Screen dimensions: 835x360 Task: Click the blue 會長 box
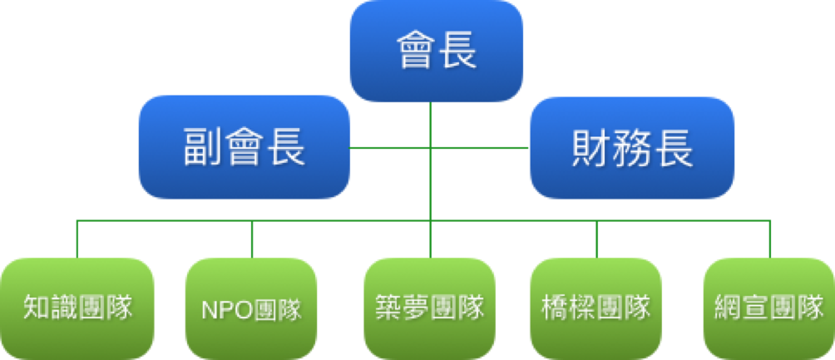[x=436, y=51]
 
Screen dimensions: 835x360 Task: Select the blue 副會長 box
[x=245, y=147]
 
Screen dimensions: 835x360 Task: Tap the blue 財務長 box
[x=632, y=147]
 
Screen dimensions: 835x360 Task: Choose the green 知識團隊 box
[x=77, y=308]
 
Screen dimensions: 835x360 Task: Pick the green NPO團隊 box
[x=251, y=308]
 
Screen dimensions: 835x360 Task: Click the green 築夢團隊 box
[x=430, y=308]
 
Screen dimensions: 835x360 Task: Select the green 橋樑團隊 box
[x=596, y=308]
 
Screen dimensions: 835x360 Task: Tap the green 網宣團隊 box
[x=769, y=308]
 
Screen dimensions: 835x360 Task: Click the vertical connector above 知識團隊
[x=77, y=239]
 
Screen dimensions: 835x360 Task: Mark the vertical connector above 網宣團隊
[x=770, y=239]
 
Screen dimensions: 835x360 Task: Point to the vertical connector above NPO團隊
[x=252, y=239]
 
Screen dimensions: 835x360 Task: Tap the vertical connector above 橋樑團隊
[x=596, y=239]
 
